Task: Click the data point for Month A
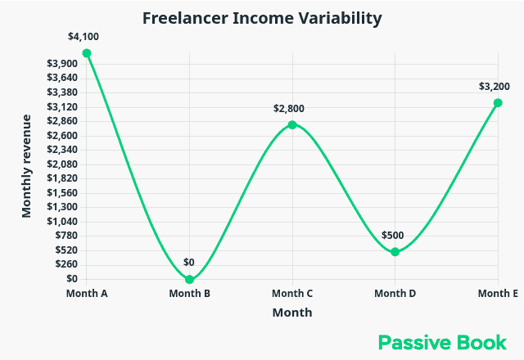click(87, 53)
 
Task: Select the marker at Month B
click(190, 279)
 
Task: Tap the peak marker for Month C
click(292, 125)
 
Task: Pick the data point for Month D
click(395, 252)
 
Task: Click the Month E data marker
click(498, 103)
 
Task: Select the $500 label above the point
click(394, 236)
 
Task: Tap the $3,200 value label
click(495, 87)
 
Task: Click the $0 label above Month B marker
click(189, 263)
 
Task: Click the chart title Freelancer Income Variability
click(262, 18)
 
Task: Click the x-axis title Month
click(292, 313)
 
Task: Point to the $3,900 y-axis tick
click(63, 64)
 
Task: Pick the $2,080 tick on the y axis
click(63, 164)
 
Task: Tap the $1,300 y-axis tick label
click(63, 207)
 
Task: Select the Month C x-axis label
click(292, 294)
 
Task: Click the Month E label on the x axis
click(498, 294)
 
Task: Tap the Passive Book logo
click(442, 342)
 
